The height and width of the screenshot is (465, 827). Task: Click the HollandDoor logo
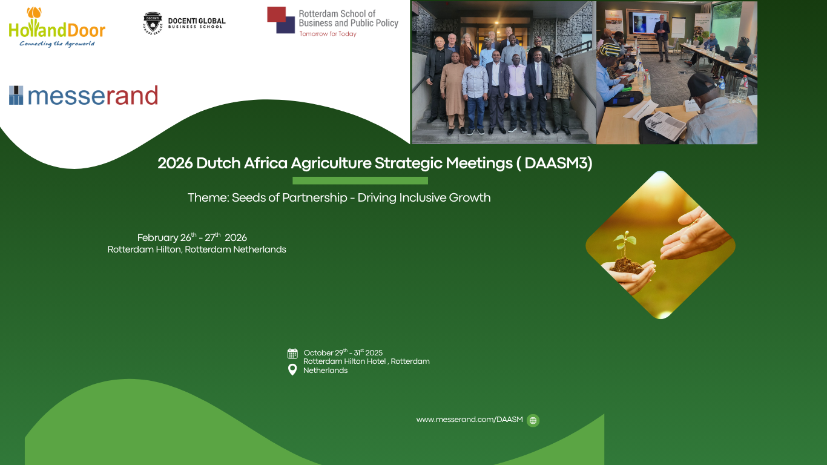57,27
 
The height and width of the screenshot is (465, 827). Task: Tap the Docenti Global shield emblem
153,23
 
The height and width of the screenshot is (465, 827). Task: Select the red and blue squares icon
280,20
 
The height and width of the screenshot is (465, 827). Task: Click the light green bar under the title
360,180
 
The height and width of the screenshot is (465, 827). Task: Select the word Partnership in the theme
315,198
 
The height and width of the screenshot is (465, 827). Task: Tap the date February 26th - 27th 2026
192,237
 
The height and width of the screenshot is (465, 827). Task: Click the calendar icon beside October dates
292,354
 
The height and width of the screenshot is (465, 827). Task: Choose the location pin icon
292,369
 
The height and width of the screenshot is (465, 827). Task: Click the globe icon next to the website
533,420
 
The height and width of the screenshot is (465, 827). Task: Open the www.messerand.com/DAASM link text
469,420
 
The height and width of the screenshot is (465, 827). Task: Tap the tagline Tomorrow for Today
328,34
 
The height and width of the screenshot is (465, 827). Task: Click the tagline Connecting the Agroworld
57,44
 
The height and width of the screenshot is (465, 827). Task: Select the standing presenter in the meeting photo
661,38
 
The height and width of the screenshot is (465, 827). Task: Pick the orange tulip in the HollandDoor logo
34,13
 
